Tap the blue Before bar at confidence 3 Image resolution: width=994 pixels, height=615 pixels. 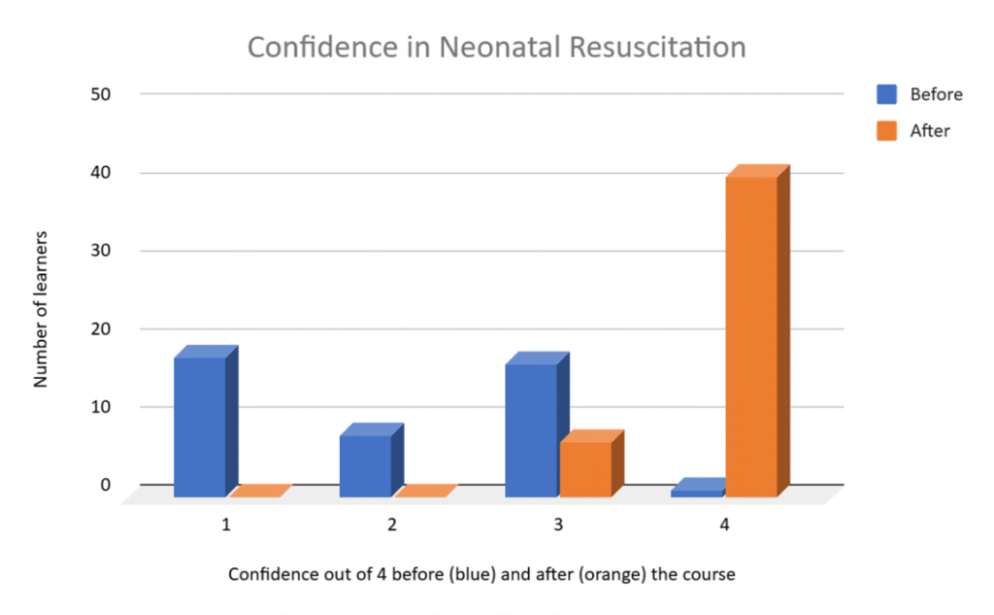click(531, 429)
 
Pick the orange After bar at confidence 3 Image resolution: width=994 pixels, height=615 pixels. click(585, 468)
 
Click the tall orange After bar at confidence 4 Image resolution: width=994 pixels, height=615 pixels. click(751, 335)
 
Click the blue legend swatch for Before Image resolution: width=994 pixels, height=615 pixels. click(886, 94)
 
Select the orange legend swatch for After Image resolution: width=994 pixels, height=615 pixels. click(886, 130)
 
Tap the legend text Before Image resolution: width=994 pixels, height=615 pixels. click(936, 94)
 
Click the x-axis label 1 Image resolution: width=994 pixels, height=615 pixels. click(226, 526)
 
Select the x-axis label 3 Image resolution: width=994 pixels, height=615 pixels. click(558, 526)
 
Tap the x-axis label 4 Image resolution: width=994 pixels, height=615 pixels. click(724, 526)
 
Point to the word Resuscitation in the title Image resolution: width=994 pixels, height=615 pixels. click(655, 47)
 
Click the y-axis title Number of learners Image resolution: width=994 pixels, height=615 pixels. click(41, 309)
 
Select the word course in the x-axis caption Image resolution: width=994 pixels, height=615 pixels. click(723, 574)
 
